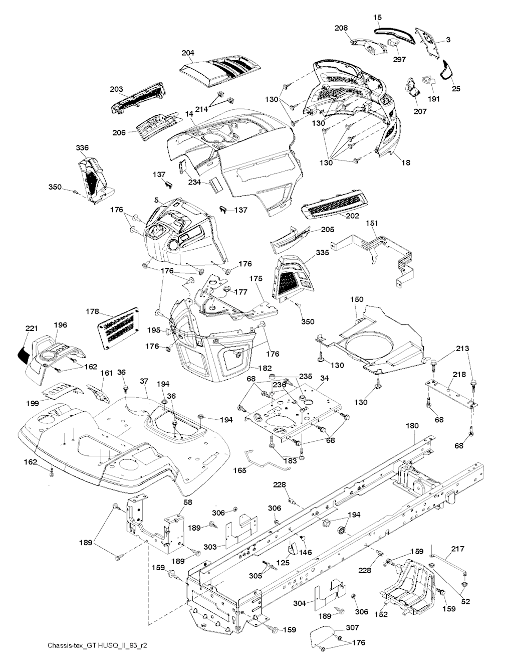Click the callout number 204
[x=188, y=52]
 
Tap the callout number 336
[x=82, y=147]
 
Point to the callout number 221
[x=32, y=328]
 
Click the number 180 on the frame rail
[x=411, y=426]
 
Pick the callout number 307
[x=352, y=627]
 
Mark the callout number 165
[x=240, y=471]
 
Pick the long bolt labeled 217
[x=449, y=566]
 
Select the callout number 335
[x=323, y=253]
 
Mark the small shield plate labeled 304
[x=329, y=593]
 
